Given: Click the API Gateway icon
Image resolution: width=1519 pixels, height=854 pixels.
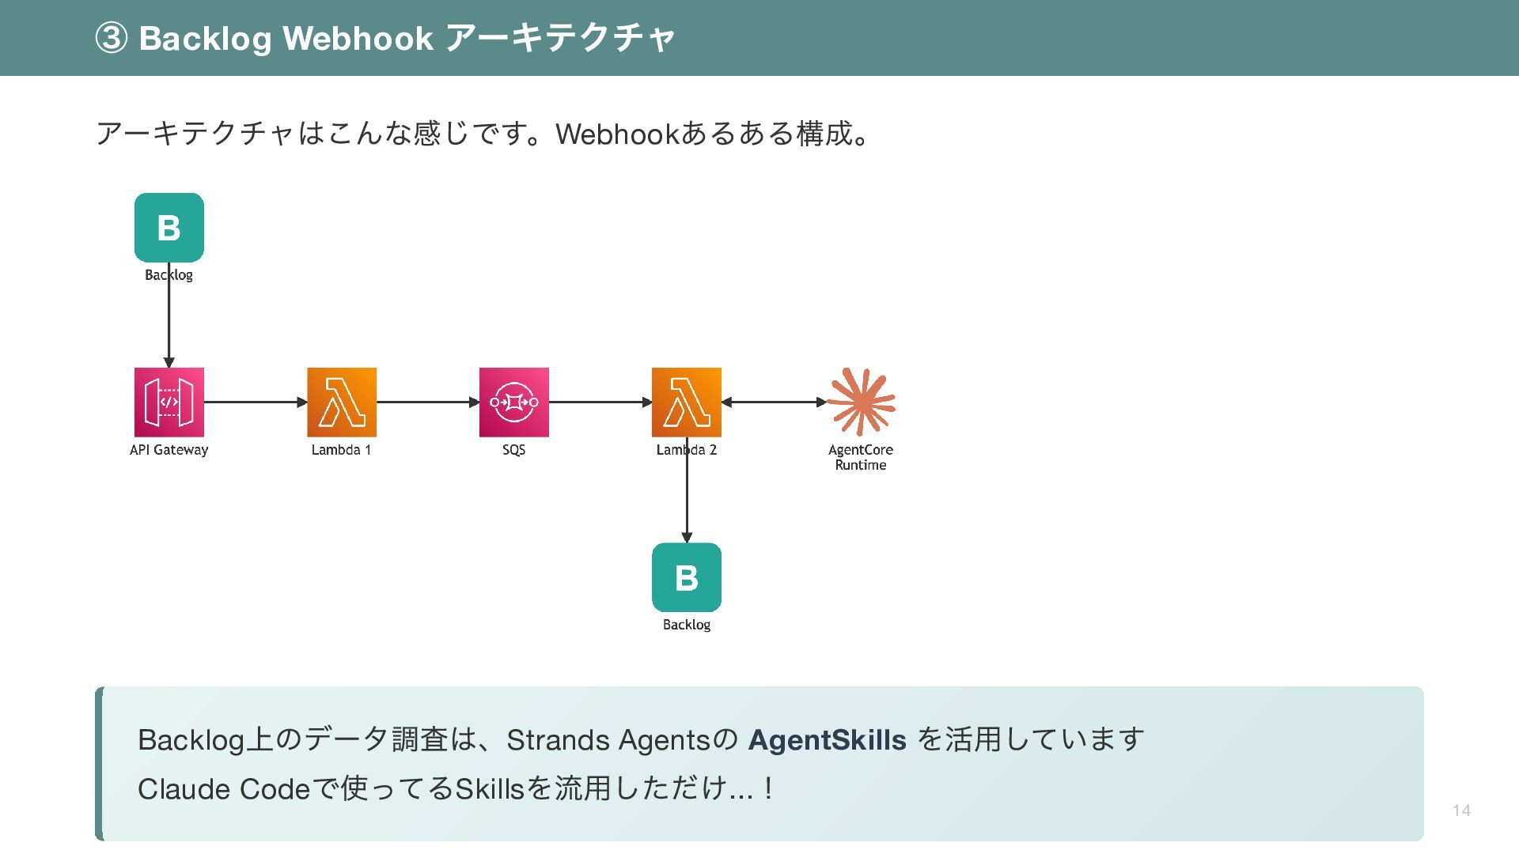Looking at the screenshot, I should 169,402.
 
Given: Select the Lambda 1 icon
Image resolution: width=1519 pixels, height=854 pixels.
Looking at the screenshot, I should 341,402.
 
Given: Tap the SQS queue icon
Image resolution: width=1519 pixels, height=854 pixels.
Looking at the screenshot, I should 513,402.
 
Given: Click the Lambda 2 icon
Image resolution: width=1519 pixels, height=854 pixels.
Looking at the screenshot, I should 686,402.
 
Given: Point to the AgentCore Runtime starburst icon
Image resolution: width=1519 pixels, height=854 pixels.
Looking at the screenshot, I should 861,401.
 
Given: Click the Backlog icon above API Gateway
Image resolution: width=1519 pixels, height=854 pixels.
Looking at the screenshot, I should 169,228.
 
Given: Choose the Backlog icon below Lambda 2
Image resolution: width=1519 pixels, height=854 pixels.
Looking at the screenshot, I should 686,577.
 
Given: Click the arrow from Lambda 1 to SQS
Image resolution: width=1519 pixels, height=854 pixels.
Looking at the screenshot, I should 427,402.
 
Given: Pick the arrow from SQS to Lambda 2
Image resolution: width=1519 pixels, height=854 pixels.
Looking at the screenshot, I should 600,402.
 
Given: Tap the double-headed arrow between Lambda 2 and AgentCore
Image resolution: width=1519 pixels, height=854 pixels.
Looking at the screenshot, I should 774,402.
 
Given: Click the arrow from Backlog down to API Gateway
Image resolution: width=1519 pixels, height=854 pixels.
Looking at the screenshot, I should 169,324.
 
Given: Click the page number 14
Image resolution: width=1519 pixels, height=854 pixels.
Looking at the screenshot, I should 1461,811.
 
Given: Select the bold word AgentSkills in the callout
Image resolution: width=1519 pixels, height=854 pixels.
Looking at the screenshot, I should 827,740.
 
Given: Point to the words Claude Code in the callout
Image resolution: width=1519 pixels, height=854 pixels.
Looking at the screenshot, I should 223,789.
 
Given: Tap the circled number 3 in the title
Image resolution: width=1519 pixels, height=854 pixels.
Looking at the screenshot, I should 111,38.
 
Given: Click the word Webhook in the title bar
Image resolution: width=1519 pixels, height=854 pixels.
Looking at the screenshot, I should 357,38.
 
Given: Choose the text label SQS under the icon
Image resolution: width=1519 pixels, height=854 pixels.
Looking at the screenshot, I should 513,450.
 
